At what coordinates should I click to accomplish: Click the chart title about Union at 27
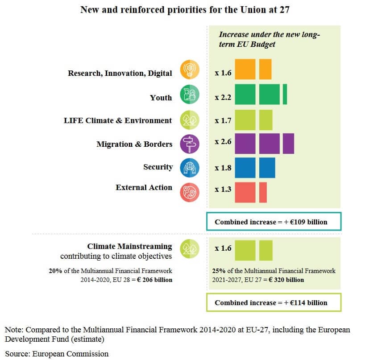pos(185,9)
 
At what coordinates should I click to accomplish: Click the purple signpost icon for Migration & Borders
pos(189,144)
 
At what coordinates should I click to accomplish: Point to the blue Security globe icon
pos(189,168)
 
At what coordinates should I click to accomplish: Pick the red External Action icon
pos(189,192)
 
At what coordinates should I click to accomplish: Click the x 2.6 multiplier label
pos(223,141)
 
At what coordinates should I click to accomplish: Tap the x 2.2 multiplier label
pos(223,97)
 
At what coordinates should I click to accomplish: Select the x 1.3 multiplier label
pos(223,190)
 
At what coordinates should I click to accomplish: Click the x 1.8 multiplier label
pos(223,168)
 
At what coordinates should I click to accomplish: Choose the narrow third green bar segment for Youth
pos(285,95)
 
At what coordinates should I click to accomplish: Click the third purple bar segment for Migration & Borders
pos(288,144)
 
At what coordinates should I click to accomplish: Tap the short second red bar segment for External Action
pos(263,192)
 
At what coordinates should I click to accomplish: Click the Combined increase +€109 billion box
pos(274,222)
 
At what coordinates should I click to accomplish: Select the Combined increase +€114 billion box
pos(274,302)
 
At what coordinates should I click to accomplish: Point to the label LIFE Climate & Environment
pos(118,120)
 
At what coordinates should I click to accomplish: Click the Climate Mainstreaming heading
pos(129,246)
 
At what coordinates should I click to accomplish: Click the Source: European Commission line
pos(57,354)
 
